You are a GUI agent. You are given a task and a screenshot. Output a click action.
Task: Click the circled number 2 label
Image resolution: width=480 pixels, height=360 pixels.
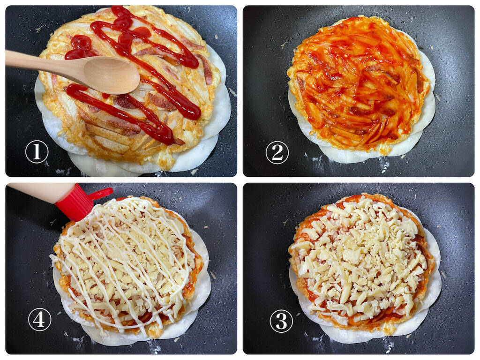pyautogui.click(x=277, y=152)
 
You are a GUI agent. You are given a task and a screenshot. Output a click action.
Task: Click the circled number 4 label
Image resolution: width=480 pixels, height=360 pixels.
pyautogui.click(x=39, y=319)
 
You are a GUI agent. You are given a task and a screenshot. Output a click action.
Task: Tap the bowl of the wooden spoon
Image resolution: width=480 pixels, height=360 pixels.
pyautogui.click(x=112, y=75)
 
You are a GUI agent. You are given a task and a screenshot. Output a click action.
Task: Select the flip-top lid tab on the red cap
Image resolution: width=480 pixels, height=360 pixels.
pyautogui.click(x=102, y=193)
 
